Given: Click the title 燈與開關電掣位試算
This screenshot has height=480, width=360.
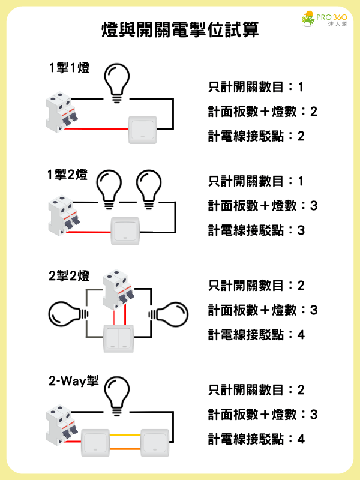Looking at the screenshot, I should tap(181, 31).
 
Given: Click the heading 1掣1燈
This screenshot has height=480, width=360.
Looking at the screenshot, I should tap(70, 68).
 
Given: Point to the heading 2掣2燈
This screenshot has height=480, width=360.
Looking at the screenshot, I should tap(69, 277).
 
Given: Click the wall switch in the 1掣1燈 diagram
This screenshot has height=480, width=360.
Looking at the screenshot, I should tap(143, 129).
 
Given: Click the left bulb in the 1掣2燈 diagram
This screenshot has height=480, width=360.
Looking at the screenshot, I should tap(110, 187).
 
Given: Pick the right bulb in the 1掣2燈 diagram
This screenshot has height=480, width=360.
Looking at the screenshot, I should tap(148, 187).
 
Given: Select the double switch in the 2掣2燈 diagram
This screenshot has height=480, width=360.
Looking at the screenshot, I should tap(119, 338).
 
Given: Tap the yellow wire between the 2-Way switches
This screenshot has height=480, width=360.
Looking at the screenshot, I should tap(125, 435).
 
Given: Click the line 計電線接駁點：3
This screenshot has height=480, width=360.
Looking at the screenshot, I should tap(256, 230).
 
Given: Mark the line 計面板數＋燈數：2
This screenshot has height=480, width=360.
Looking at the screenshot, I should tap(262, 112).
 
